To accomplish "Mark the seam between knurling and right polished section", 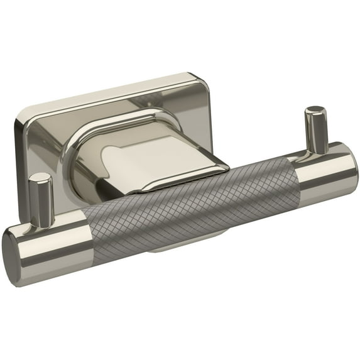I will (x=298, y=176).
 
